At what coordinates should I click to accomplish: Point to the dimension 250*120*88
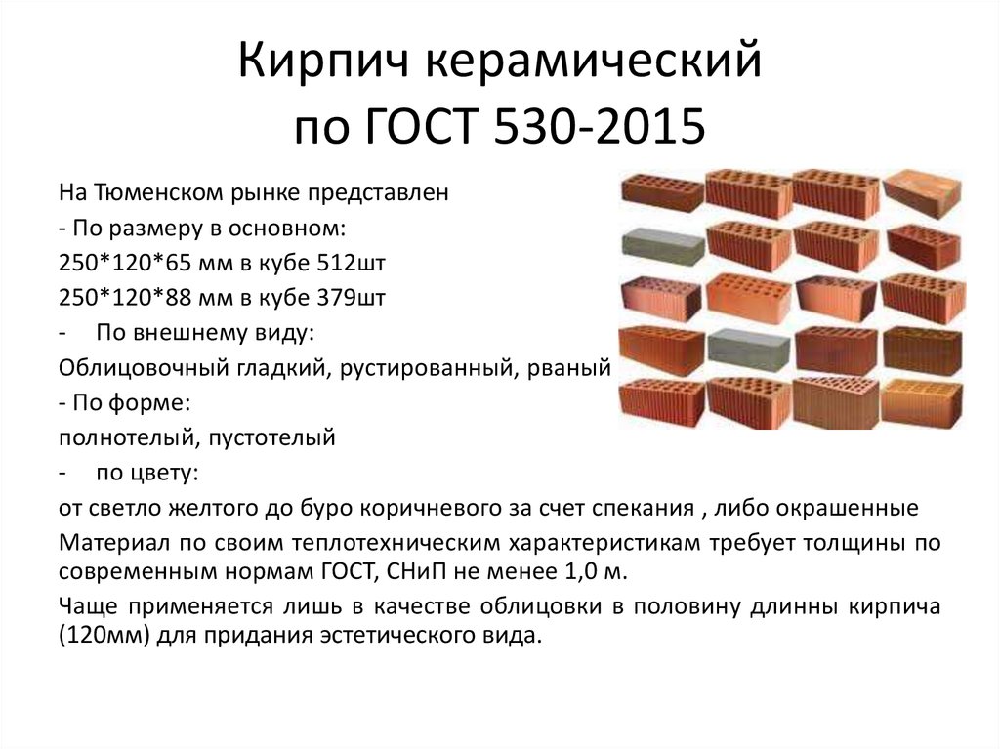click(122, 298)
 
